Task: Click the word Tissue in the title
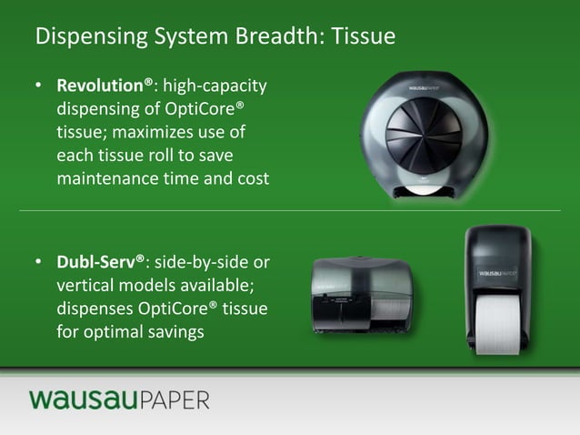(x=364, y=38)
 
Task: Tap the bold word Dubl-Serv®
(x=101, y=263)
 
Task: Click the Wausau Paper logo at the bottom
(x=118, y=400)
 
